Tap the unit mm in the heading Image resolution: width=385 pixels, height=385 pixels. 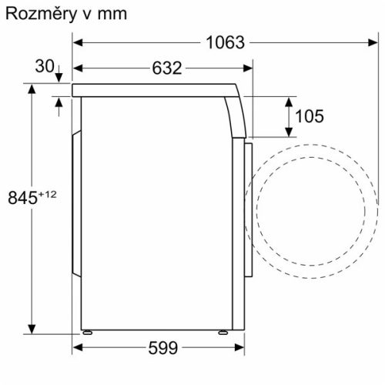109,15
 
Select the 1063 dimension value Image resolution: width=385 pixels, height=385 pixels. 226,43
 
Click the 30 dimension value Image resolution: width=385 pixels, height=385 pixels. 44,67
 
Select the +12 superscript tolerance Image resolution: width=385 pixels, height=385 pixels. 47,194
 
